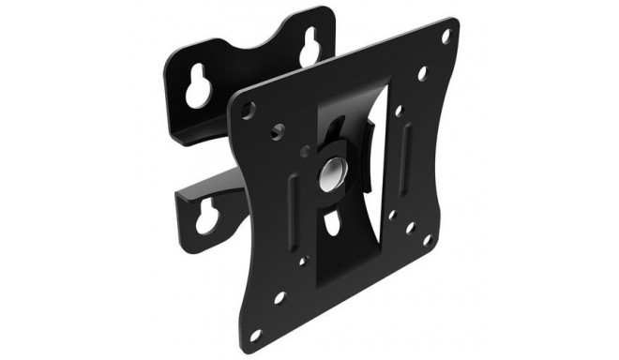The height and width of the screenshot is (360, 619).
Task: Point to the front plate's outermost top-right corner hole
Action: point(445,37)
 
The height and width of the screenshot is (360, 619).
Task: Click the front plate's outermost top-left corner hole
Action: point(248,110)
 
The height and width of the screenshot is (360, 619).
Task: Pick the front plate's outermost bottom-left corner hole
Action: point(279,299)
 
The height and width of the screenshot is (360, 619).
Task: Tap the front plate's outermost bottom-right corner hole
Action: point(426,239)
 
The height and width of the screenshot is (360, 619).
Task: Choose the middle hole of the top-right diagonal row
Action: point(422,73)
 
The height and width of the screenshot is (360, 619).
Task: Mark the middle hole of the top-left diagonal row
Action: point(276,131)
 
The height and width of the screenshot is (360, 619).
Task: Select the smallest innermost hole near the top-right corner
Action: point(400,110)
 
